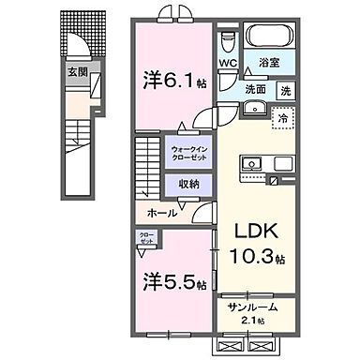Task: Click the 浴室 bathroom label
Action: click(273, 65)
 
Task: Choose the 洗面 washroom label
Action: click(256, 90)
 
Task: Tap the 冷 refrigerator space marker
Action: click(280, 120)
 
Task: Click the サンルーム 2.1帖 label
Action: click(253, 313)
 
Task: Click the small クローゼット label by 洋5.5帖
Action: click(146, 239)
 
